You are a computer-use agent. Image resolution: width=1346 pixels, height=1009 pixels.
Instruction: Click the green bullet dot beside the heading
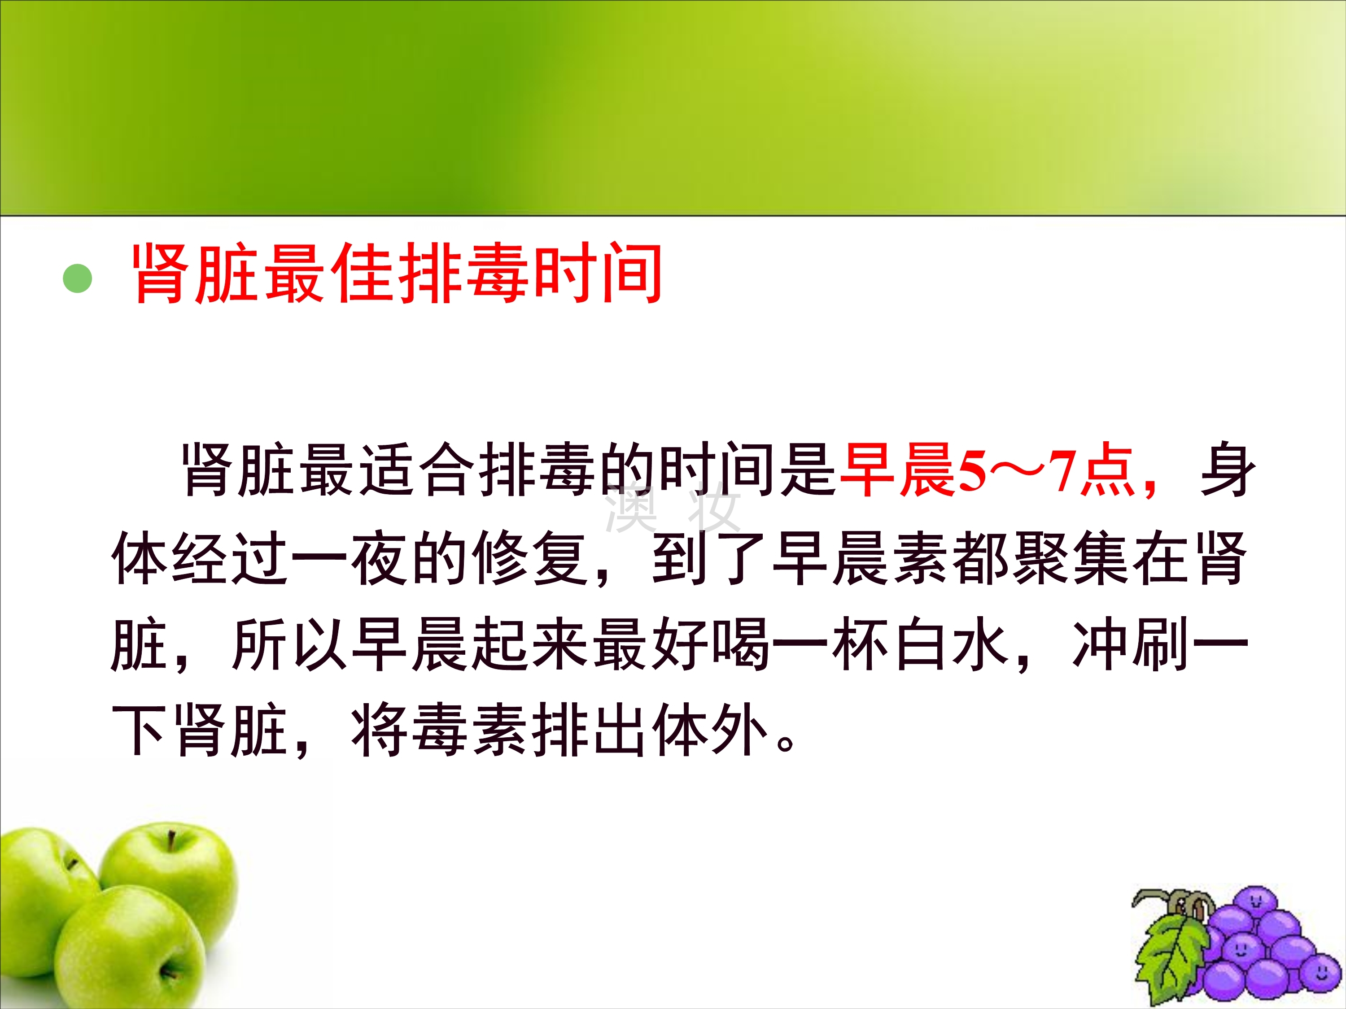pyautogui.click(x=77, y=278)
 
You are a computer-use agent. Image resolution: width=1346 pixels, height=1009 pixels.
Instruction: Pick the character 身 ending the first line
pyautogui.click(x=1228, y=470)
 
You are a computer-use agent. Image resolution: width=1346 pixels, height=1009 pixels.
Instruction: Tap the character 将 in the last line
pyautogui.click(x=379, y=731)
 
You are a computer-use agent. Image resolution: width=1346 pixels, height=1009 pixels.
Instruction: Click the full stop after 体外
pyautogui.click(x=786, y=743)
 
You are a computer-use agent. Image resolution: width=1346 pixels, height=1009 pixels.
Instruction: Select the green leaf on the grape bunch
pyautogui.click(x=1170, y=961)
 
